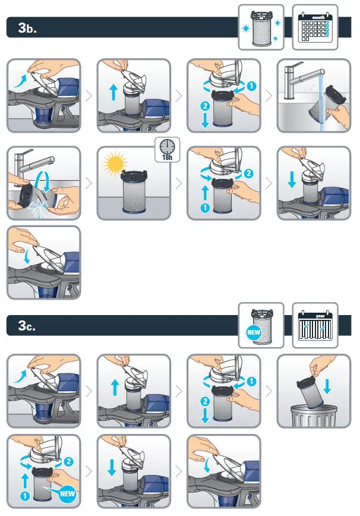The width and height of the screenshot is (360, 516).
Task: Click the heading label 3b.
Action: [x=27, y=27]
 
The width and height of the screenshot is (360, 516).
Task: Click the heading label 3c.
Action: [x=27, y=325]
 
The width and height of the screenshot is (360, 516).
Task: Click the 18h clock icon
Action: [x=168, y=150]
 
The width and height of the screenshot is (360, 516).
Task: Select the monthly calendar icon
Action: [x=315, y=27]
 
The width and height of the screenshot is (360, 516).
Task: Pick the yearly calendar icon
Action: [x=315, y=325]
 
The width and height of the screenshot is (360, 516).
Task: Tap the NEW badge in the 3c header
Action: [x=254, y=332]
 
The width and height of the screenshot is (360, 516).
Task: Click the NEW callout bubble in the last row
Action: [x=67, y=493]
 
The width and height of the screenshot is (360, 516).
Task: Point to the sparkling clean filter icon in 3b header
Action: [x=261, y=27]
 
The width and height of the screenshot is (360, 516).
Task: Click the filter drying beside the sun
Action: [x=134, y=191]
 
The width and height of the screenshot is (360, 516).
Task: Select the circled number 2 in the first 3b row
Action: [x=205, y=106]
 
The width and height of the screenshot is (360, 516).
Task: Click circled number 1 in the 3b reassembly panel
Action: [x=205, y=207]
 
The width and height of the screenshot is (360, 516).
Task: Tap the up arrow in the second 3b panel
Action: [x=113, y=92]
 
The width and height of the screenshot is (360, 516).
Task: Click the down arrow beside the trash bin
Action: [x=327, y=386]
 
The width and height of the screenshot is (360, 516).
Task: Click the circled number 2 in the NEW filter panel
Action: [x=68, y=461]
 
